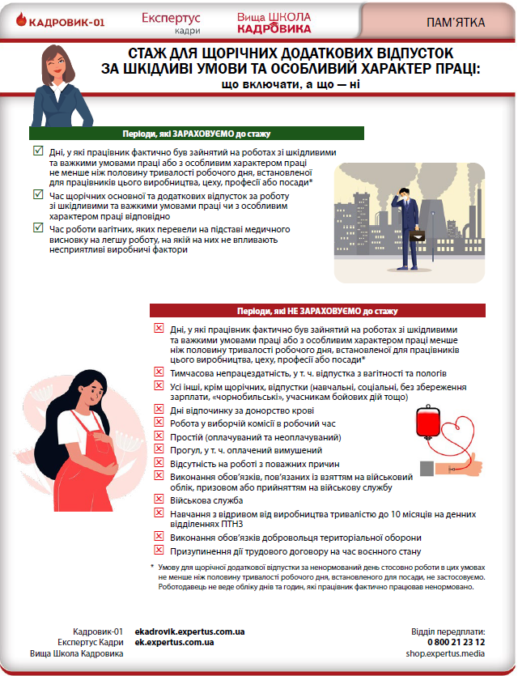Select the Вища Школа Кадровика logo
click(274, 22)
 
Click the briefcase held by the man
click(418, 236)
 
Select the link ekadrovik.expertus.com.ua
click(190, 631)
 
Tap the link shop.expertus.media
click(451, 653)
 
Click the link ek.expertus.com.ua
click(174, 642)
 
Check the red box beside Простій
click(158, 436)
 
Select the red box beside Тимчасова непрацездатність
click(158, 372)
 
